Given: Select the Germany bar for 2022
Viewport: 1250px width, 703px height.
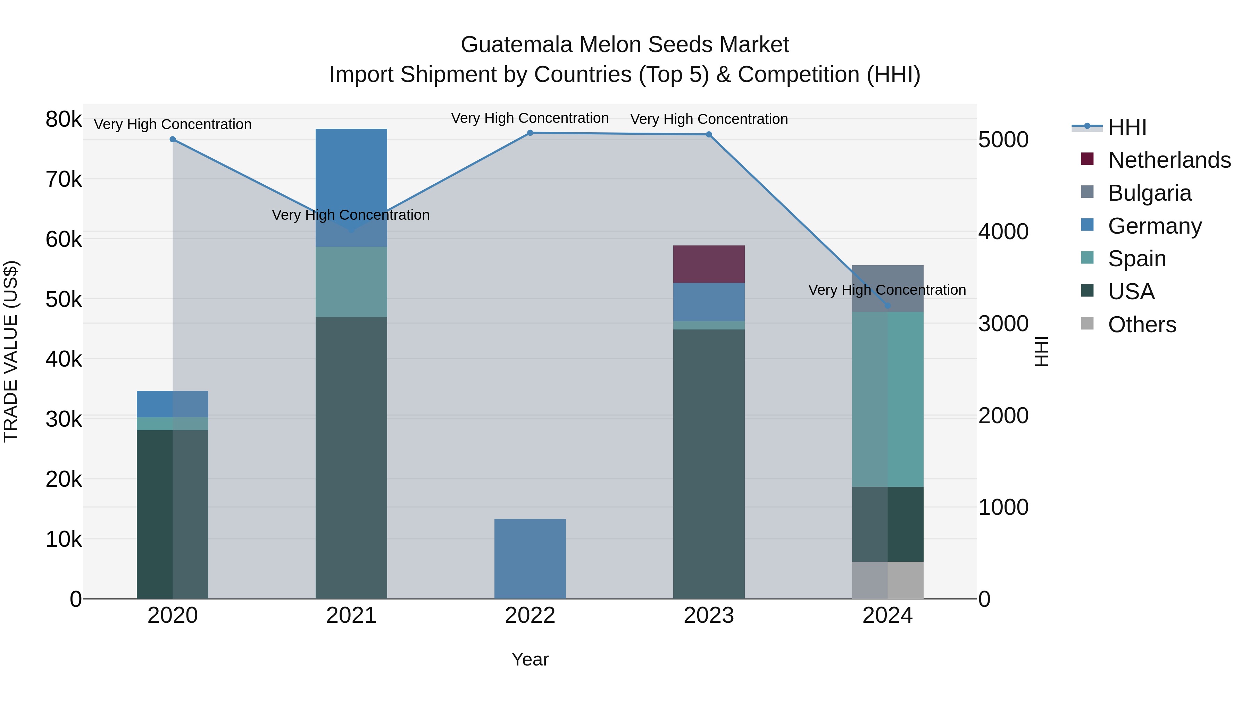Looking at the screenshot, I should tap(530, 559).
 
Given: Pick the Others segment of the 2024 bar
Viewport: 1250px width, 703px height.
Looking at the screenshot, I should tap(887, 580).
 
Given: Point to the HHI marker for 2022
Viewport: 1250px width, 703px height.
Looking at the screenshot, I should tap(530, 133).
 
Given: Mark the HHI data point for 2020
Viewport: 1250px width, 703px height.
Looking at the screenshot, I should tap(173, 139).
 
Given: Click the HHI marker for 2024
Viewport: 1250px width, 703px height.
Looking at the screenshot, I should tap(887, 306).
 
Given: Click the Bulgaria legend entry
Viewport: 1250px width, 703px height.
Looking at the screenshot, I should tap(1149, 193).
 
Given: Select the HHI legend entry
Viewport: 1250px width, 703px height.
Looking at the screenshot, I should tap(1127, 127).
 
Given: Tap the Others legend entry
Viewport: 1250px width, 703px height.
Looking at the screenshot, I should tap(1141, 325).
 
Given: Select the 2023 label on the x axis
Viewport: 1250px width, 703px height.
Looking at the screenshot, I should tap(708, 616).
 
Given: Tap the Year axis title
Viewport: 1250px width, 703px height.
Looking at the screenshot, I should tap(530, 659).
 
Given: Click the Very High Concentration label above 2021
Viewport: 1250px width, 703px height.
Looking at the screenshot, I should tap(351, 215).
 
